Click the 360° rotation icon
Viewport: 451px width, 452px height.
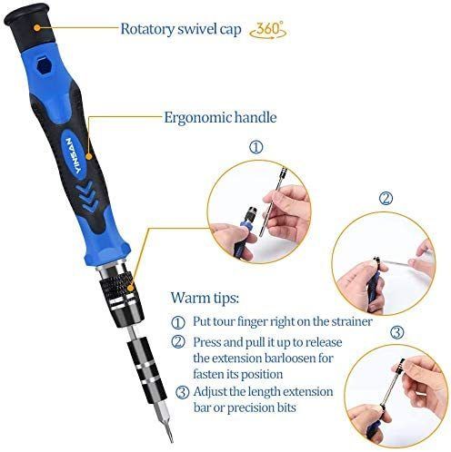tap(267, 30)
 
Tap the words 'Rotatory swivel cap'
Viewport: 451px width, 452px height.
tap(181, 29)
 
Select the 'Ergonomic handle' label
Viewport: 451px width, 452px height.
tap(220, 117)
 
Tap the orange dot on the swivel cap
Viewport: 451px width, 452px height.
tap(36, 28)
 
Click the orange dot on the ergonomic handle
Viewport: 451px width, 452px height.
tap(88, 156)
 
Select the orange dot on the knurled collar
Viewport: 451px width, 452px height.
tap(131, 288)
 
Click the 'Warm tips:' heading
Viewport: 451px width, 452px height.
tap(205, 298)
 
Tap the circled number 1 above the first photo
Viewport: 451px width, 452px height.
tap(256, 147)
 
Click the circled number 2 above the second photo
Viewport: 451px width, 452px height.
tap(386, 199)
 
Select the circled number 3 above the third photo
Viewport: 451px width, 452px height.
tap(396, 332)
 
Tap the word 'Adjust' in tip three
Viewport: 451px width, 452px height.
tap(210, 392)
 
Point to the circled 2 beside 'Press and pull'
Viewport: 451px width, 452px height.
tap(178, 342)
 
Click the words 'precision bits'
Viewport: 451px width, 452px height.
tap(261, 408)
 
